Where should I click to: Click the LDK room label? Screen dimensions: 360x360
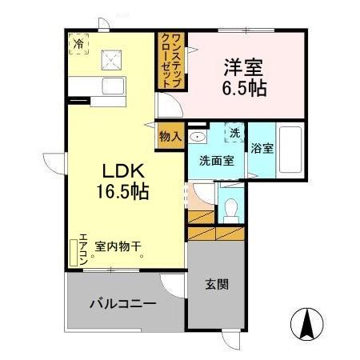point(122,170)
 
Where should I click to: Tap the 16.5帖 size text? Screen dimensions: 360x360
point(122,191)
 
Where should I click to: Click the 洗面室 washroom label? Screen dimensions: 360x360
point(216,159)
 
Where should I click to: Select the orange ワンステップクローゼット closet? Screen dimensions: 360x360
point(169,61)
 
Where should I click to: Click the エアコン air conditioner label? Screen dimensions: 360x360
point(82,249)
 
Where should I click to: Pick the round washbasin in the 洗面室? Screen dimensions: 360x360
point(198,135)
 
